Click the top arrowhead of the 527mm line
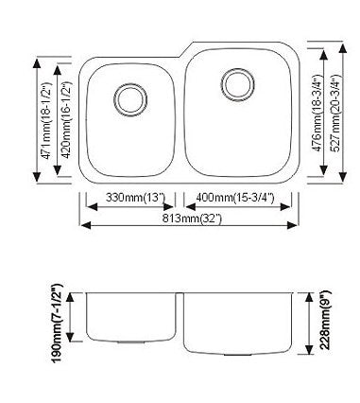coord(325,43)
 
